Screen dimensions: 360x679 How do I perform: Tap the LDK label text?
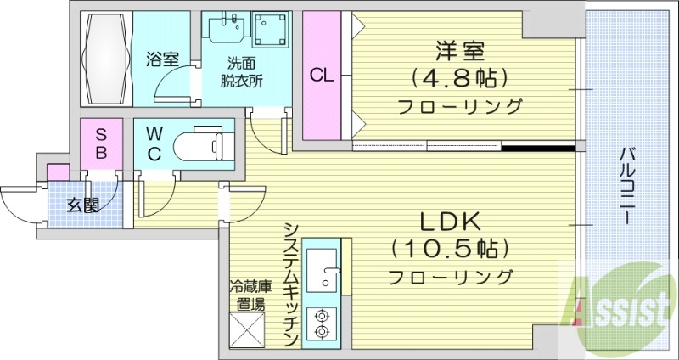tap(451, 223)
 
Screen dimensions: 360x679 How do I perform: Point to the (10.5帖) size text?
tap(451, 250)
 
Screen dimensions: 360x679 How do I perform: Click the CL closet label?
tap(322, 75)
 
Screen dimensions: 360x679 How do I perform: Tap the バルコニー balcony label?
tap(627, 185)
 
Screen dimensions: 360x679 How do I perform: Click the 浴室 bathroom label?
tap(161, 59)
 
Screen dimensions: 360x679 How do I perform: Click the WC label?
tap(154, 143)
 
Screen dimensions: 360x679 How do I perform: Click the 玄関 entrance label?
tap(83, 204)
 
